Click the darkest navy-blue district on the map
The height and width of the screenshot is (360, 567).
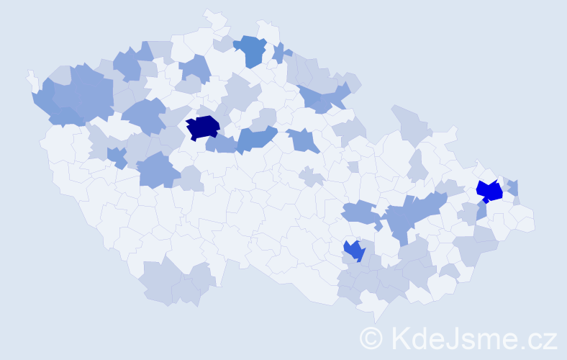coord(202,127)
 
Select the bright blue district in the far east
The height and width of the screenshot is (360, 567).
coord(490,191)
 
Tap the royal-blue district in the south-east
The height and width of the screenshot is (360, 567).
coord(354,251)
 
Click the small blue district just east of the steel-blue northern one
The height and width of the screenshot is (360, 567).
coord(280,53)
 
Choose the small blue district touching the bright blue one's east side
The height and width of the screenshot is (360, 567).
coord(512,187)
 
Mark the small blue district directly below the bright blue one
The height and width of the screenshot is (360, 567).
coord(481,211)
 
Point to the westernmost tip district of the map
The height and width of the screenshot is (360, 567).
coord(31,78)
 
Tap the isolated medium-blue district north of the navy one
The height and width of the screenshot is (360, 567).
coord(195,68)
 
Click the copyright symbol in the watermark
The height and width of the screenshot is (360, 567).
coord(372,338)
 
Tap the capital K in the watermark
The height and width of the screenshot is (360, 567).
coord(399,338)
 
